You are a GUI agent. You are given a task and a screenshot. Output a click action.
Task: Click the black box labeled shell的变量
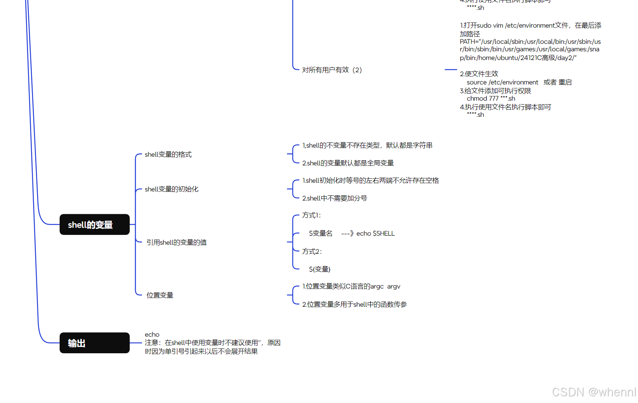(x=94, y=225)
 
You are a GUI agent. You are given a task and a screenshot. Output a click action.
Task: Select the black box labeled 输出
(x=94, y=343)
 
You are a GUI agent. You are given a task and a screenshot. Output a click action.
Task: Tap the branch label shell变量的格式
(x=168, y=154)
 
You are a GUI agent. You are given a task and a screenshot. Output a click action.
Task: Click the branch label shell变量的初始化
(x=171, y=189)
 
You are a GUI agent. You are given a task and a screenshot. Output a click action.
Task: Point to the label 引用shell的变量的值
(x=176, y=242)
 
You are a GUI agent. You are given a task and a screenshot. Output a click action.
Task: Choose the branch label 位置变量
(x=160, y=295)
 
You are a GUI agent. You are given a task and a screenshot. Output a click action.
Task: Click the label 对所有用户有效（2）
(x=332, y=70)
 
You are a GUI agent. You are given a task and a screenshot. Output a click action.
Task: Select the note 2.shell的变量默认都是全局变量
(x=348, y=163)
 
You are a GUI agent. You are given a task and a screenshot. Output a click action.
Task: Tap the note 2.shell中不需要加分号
(x=334, y=198)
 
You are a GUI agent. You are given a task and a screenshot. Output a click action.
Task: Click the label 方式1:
(x=311, y=216)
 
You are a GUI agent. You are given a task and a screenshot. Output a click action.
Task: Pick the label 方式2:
(x=312, y=251)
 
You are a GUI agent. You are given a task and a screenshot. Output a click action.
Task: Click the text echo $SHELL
(x=375, y=234)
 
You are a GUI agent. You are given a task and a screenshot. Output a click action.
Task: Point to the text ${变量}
(x=319, y=269)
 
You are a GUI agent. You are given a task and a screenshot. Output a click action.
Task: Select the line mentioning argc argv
(x=351, y=287)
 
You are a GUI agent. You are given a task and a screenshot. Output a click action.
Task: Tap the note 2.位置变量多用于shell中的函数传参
(x=355, y=304)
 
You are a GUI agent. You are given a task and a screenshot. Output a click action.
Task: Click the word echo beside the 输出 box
(x=152, y=335)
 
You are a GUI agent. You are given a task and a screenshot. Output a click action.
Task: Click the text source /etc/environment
(x=502, y=82)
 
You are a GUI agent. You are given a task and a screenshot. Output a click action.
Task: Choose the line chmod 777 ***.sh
(x=491, y=99)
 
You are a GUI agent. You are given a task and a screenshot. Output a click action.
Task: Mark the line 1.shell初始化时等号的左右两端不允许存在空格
(x=370, y=180)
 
